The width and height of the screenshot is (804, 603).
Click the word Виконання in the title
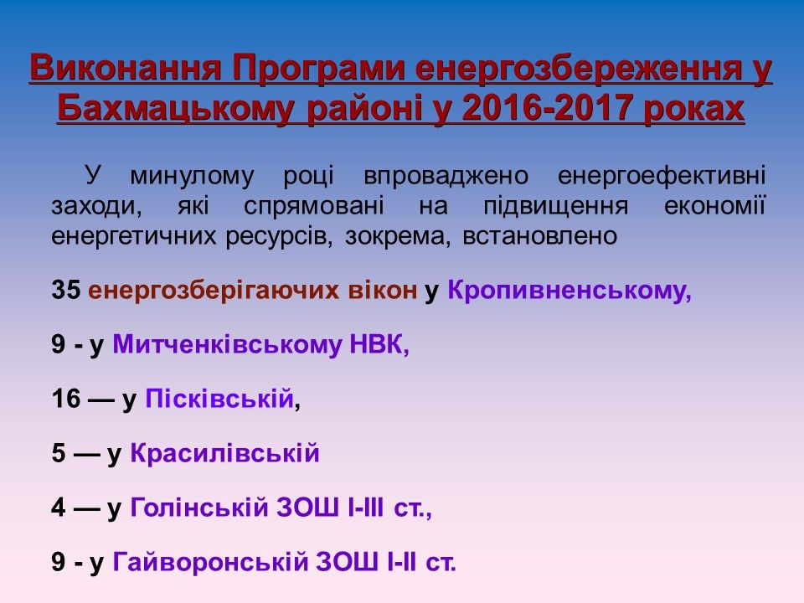[x=125, y=68]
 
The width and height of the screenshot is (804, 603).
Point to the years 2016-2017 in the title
[x=546, y=109]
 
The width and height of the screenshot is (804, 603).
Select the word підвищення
[x=556, y=206]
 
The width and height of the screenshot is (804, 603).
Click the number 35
[x=66, y=290]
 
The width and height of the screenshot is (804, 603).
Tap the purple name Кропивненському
[x=569, y=291]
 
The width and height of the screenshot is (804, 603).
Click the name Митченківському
[x=227, y=344]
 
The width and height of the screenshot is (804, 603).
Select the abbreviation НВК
[x=379, y=344]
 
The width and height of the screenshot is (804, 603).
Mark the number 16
[x=66, y=399]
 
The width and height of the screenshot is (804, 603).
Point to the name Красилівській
[x=224, y=453]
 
